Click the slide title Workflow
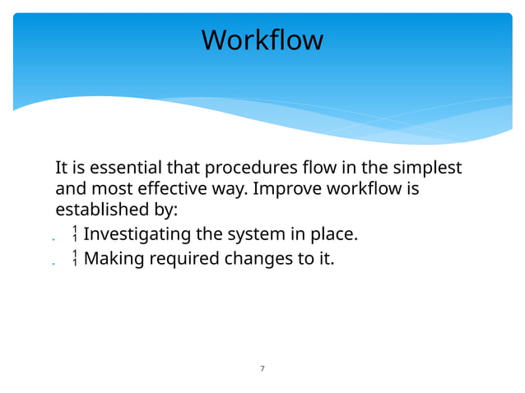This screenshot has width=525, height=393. (262, 39)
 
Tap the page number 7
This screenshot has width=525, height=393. (262, 368)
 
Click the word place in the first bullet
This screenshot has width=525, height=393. (333, 235)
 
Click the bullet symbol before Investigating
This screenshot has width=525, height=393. (75, 234)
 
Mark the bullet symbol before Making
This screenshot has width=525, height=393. (75, 258)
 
